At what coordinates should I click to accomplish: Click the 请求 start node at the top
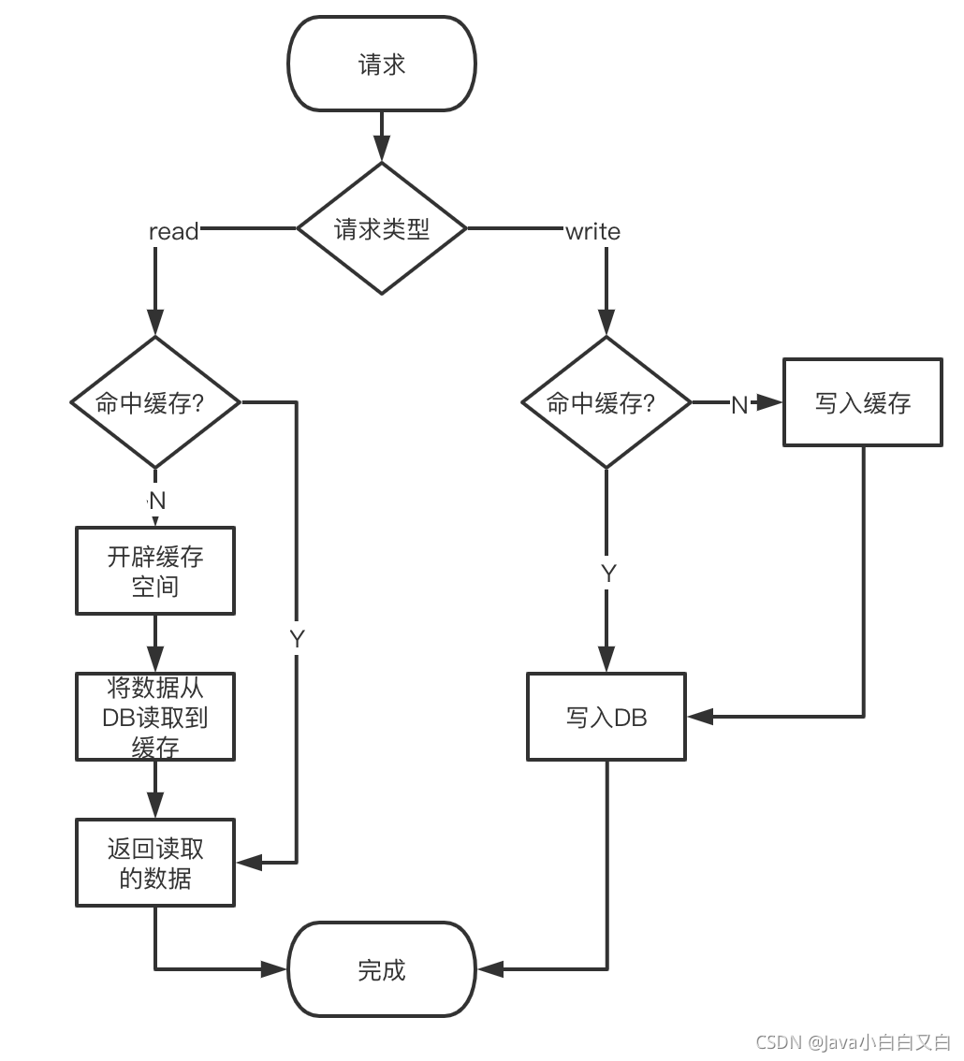tap(382, 65)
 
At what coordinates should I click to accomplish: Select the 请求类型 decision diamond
tap(382, 228)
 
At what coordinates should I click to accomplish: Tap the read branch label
tap(174, 232)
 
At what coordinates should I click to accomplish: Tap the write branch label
tap(592, 232)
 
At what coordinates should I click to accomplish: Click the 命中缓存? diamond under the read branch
tap(155, 402)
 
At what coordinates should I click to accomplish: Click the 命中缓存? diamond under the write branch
tap(606, 402)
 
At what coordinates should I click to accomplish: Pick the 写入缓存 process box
tap(863, 402)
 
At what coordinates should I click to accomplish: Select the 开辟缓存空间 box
tap(155, 571)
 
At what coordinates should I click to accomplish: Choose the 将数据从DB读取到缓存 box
tap(155, 717)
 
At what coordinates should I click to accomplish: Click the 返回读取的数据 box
tap(155, 863)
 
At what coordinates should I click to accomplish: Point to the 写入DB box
tap(606, 717)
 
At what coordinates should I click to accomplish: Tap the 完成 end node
tap(382, 969)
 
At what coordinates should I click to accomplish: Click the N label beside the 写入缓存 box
tap(739, 404)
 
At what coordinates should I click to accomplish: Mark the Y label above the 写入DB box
tap(608, 574)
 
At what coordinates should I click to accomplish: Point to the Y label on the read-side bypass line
tap(297, 639)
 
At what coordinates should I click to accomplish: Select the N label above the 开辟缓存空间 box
tap(157, 501)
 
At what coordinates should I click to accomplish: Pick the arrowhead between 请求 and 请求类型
tap(382, 148)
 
